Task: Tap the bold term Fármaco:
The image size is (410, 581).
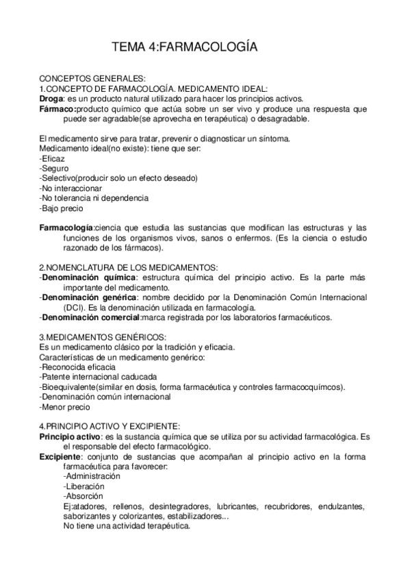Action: (x=57, y=109)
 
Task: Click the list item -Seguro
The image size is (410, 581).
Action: (x=54, y=169)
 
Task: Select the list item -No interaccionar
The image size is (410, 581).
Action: (x=71, y=188)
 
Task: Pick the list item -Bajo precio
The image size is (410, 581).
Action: (x=63, y=208)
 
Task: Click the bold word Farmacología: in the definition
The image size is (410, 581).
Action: (x=66, y=227)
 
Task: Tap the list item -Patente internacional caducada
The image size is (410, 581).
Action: (x=99, y=376)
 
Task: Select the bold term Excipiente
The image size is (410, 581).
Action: (x=59, y=456)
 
